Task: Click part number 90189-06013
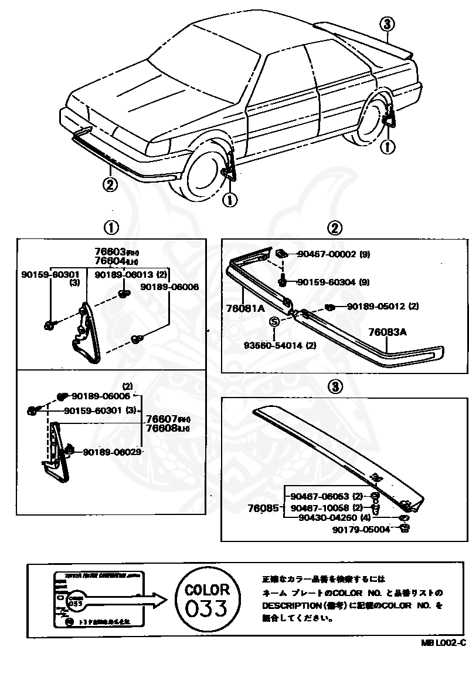pyautogui.click(x=123, y=275)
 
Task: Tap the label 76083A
pyautogui.click(x=388, y=332)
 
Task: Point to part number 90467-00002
pyautogui.click(x=326, y=254)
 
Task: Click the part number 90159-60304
pyautogui.click(x=326, y=282)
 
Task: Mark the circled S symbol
pyautogui.click(x=274, y=321)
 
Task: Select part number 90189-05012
pyautogui.click(x=375, y=306)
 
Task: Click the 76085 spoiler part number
pyautogui.click(x=263, y=508)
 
